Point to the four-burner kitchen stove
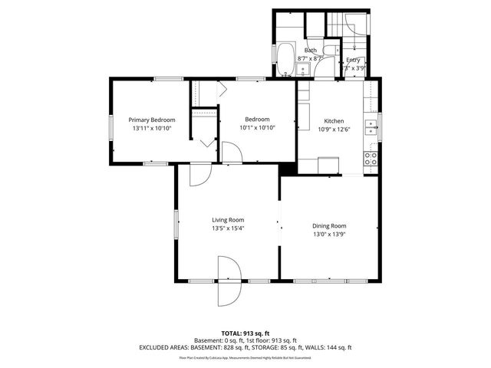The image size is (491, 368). pos(371,159)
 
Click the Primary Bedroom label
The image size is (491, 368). pos(152,120)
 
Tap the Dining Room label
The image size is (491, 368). pos(329,225)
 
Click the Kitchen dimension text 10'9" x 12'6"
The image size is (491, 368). pos(334,129)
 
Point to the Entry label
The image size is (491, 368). pos(353,60)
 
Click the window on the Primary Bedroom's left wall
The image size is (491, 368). pos(110,127)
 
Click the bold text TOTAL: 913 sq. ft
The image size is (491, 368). pos(245,333)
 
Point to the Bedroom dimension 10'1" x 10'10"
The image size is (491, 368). pos(257,127)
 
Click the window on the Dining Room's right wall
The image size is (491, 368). pos(380,230)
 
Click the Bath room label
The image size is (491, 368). pos(310,50)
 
